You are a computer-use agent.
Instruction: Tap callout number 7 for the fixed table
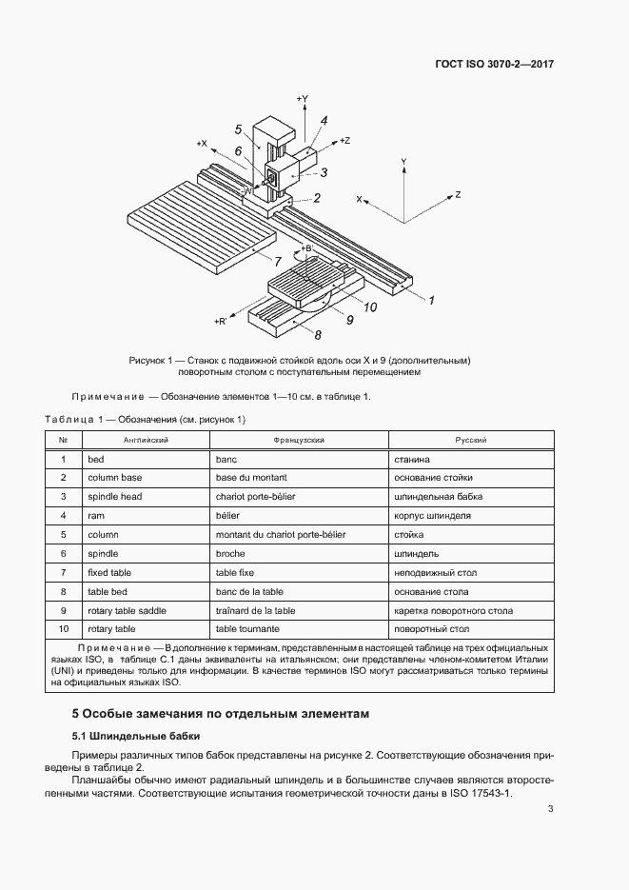277,260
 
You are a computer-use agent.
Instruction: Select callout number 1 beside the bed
430,301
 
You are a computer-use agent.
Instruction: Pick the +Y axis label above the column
302,98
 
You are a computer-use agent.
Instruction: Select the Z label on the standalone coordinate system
458,194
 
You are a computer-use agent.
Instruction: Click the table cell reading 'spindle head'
114,497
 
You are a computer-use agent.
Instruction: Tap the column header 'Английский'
146,441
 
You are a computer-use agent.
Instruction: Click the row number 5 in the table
63,535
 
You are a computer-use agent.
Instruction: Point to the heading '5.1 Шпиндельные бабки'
134,736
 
